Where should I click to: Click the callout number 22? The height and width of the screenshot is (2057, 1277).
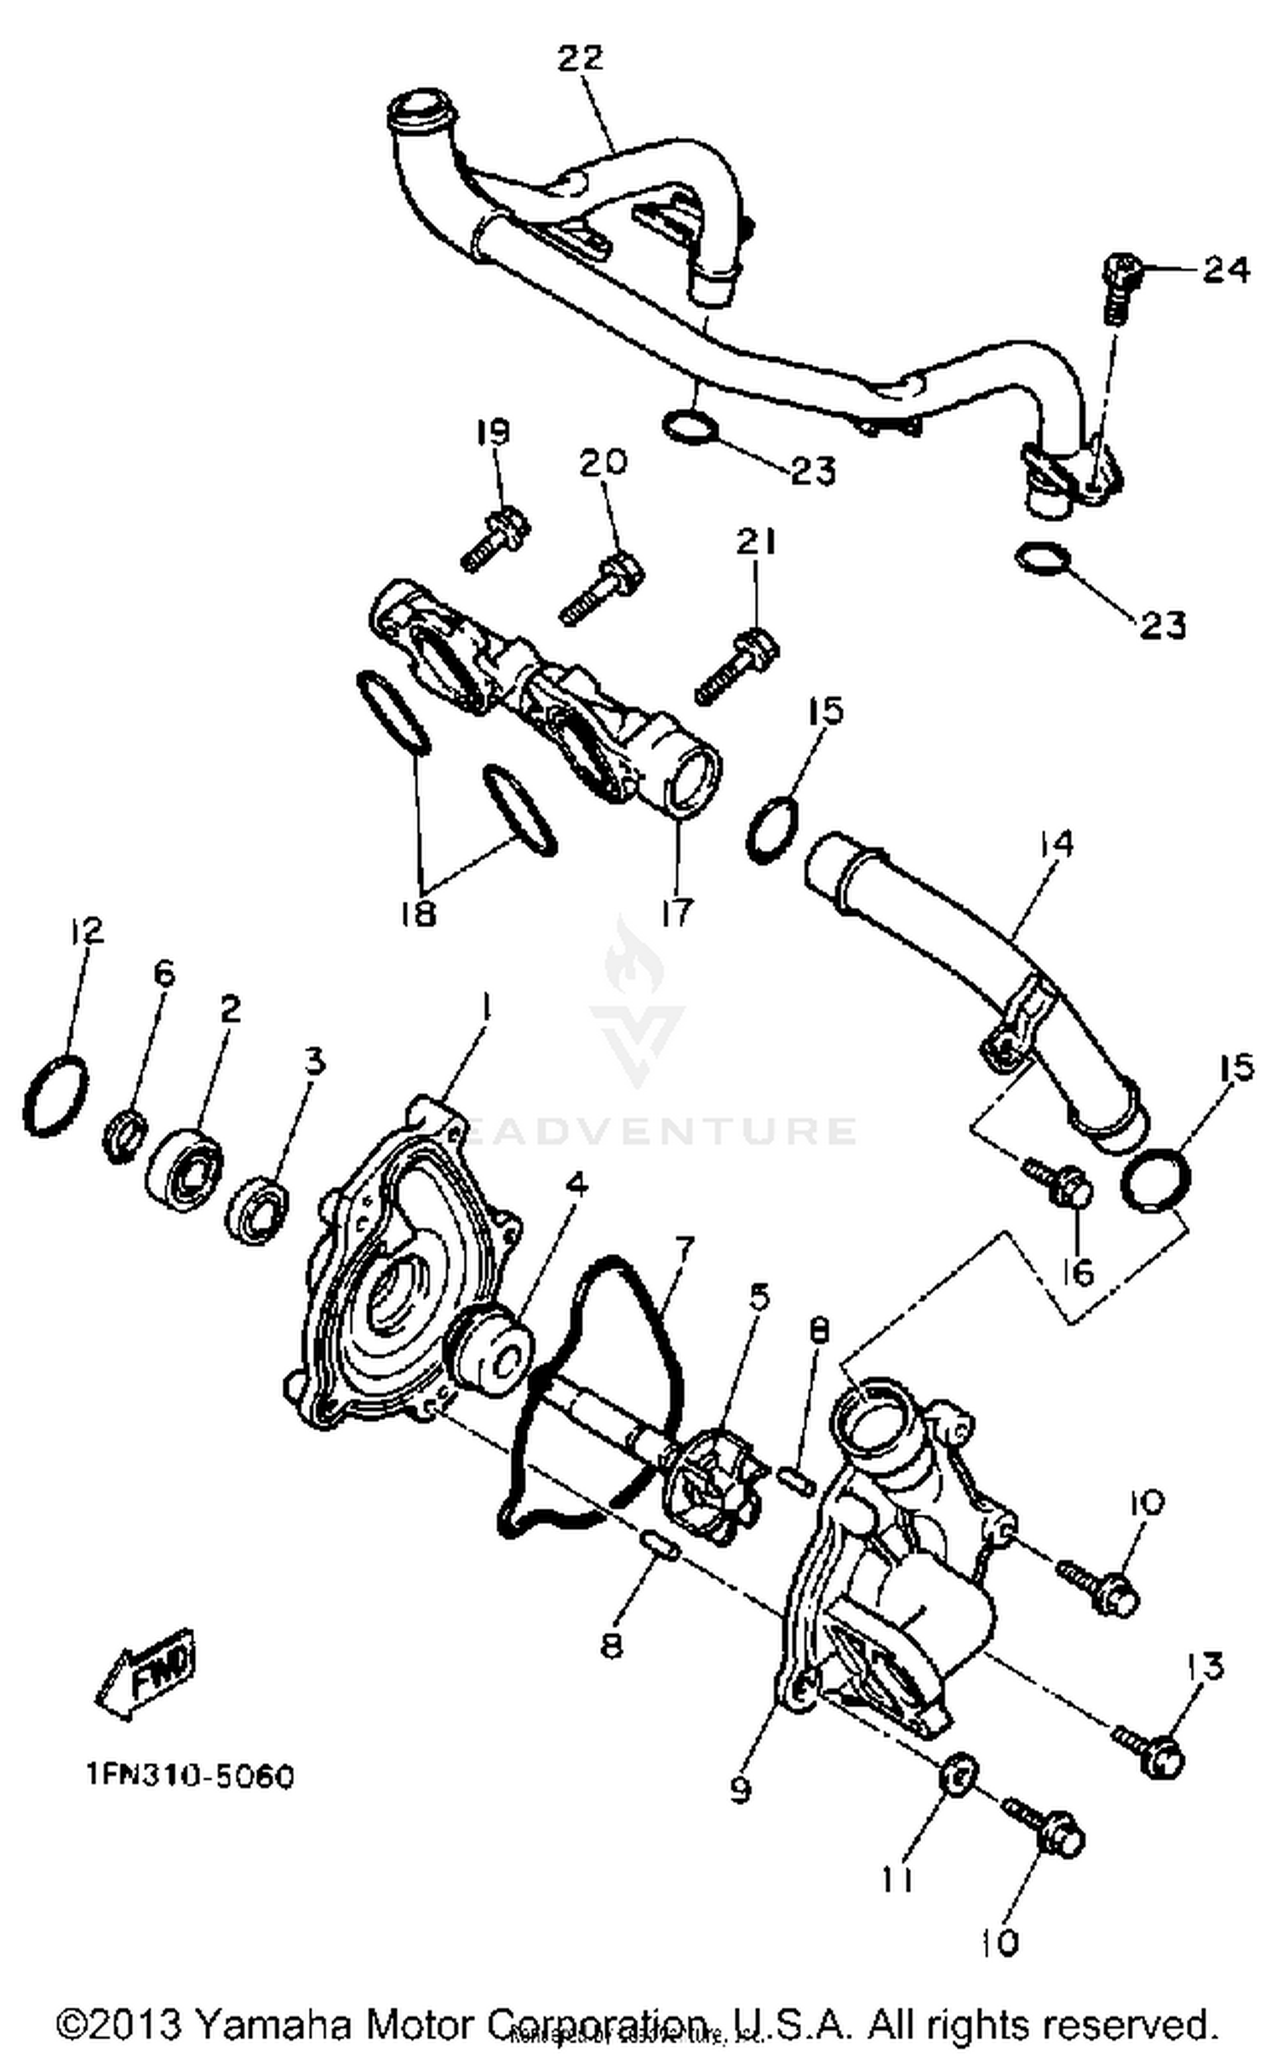coord(581,59)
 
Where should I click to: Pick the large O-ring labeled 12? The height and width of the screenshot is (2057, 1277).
coord(56,1095)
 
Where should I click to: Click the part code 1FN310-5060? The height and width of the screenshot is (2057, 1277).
coord(190,1777)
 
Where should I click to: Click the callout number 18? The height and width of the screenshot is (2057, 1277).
coord(418,913)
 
